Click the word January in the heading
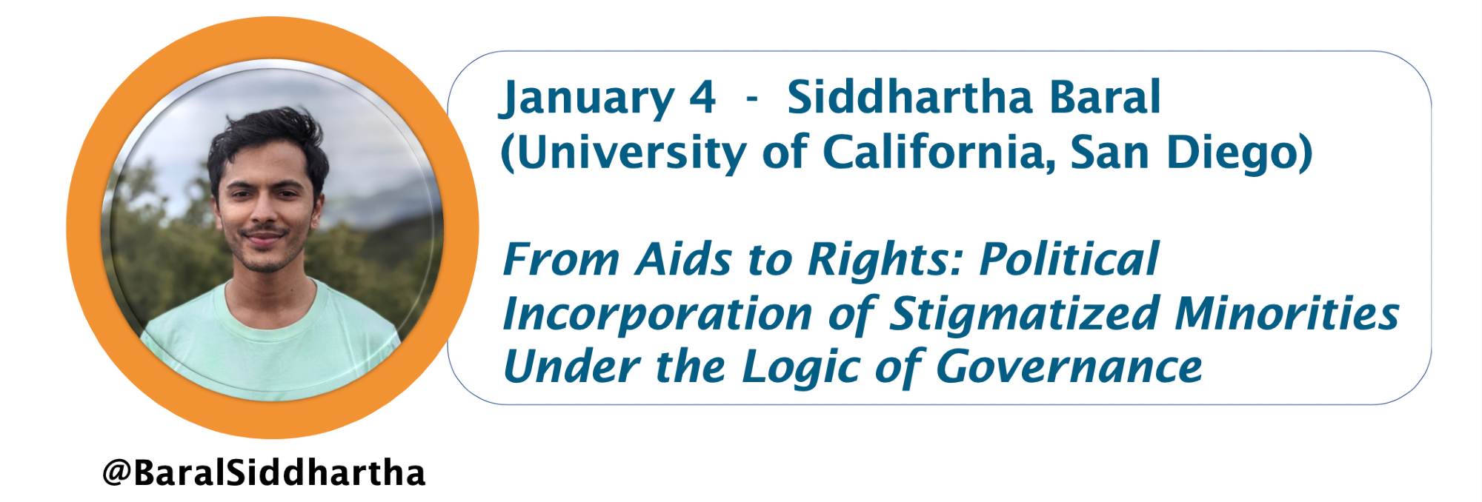[x=587, y=99]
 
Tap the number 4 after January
[x=702, y=97]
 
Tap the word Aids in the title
[x=684, y=259]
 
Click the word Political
[x=1069, y=259]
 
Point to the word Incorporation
[x=657, y=315]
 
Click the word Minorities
[x=1287, y=313]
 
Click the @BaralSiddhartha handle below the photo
[x=264, y=472]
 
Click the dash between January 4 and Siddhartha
[x=752, y=99]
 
